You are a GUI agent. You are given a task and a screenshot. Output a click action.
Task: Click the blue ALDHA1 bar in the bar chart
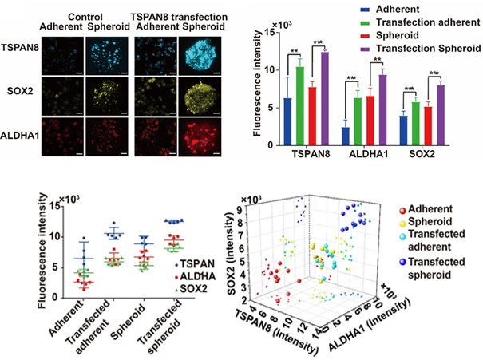(346, 134)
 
